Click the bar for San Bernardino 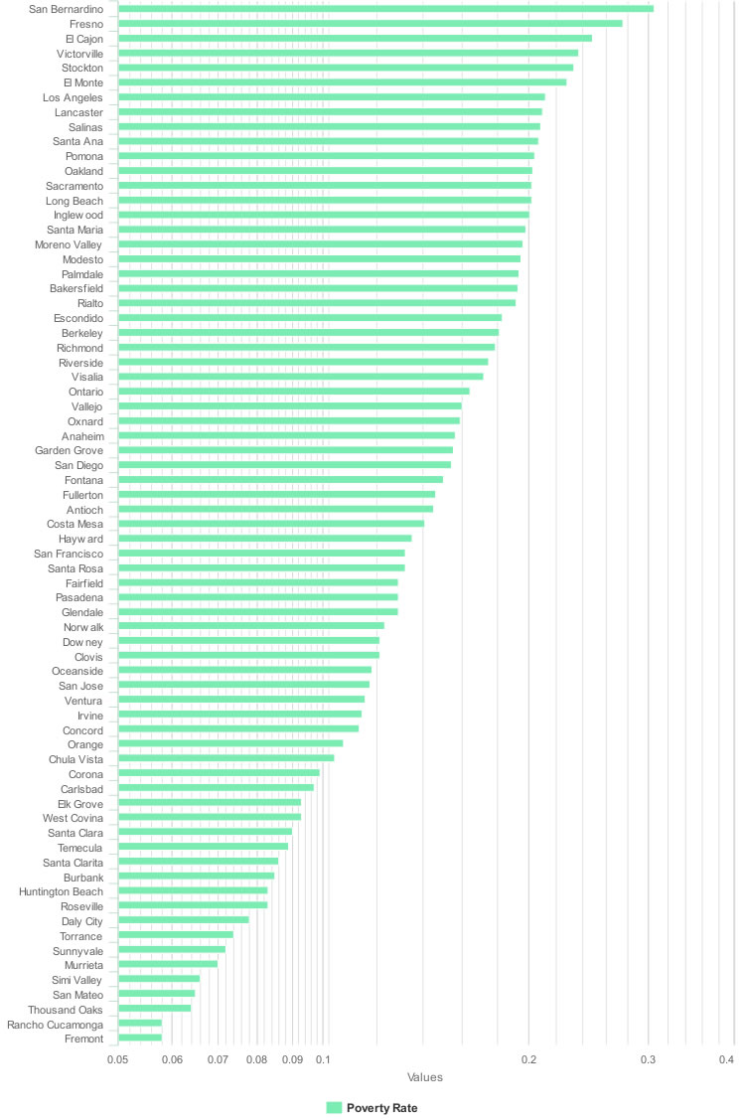coord(385,9)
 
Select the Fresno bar coord(370,23)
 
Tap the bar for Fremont coord(140,1039)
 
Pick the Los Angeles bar coord(331,97)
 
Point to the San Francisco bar coord(261,553)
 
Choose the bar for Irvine coord(239,715)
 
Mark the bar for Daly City coord(183,920)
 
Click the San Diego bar coord(284,465)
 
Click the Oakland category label coord(83,171)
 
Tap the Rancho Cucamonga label coord(56,1025)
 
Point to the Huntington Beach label coord(61,891)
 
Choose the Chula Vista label coord(75,759)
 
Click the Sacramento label coord(74,186)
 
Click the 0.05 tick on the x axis coord(118,1060)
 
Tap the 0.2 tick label coord(528,1060)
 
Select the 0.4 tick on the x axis coord(726,1060)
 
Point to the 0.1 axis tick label coord(323,1060)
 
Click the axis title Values coord(425,1077)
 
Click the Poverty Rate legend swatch coord(334,1108)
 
